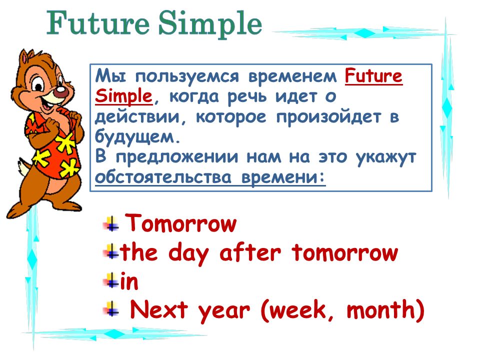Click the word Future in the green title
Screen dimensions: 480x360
98,23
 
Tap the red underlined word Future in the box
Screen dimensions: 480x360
373,76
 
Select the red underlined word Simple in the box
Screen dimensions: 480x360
123,96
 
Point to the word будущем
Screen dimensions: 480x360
137,136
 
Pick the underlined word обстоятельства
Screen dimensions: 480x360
163,177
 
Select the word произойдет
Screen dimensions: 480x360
329,117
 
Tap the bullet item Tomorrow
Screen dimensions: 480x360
181,223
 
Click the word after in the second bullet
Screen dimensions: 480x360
250,252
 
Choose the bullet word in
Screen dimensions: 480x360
129,281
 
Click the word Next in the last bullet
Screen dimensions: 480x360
159,309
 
